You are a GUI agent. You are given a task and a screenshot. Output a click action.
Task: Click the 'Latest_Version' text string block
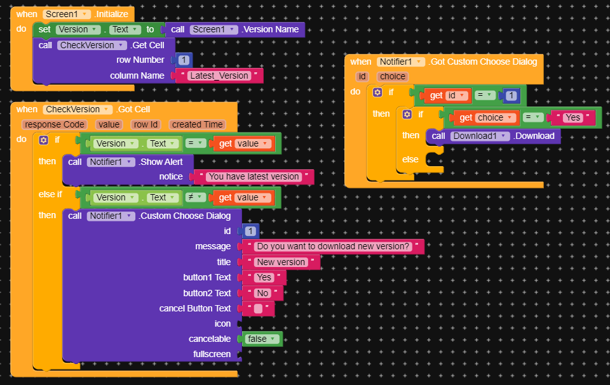point(219,75)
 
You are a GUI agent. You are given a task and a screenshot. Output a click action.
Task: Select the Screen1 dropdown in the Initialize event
point(67,15)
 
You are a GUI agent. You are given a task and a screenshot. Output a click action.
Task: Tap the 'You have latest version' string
point(254,177)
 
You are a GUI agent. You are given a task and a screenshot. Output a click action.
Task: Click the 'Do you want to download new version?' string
point(333,247)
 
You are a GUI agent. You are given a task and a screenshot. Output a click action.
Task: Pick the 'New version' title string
point(281,262)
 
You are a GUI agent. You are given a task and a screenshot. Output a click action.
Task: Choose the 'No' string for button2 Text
point(262,293)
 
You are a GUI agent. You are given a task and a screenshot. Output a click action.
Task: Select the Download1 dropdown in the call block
point(480,136)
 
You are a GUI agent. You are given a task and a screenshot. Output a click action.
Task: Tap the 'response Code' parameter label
point(55,125)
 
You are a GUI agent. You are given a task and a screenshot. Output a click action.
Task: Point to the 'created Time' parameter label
point(197,125)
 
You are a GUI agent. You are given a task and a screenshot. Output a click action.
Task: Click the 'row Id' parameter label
point(146,125)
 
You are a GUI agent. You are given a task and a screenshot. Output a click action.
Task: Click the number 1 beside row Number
point(184,60)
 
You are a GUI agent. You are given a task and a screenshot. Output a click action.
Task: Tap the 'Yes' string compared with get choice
point(573,118)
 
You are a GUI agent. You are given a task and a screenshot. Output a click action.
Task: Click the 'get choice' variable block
point(485,118)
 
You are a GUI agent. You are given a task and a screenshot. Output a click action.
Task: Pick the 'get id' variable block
point(447,96)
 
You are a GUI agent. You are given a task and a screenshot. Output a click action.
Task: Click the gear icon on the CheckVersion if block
point(44,140)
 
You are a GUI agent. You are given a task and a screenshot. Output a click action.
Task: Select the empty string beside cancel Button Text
point(258,309)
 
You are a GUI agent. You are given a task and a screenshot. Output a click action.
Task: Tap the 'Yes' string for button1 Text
point(264,278)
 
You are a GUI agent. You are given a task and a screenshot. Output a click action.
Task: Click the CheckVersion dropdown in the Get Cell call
point(92,46)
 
